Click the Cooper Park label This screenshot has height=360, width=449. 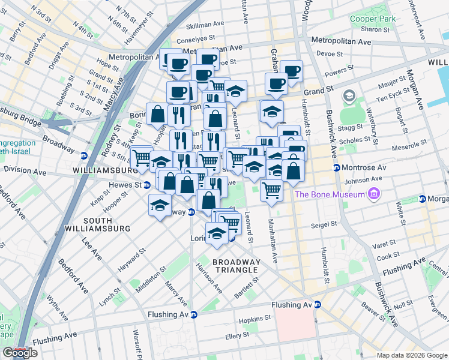point(373,19)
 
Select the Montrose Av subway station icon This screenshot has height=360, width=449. point(337,167)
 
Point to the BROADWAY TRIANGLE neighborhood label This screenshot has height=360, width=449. point(237,266)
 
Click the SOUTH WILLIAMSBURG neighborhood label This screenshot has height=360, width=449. point(107,225)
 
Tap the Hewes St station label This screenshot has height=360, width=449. point(125,185)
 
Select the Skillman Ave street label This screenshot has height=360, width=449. point(205,26)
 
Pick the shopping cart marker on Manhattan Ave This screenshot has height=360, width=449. point(272,190)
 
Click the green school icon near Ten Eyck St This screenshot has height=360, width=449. point(348,97)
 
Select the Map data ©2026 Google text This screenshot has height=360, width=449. point(411,355)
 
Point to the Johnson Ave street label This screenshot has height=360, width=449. point(364,178)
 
